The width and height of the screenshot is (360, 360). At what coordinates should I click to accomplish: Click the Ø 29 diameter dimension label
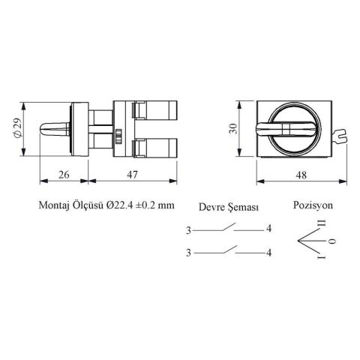tap(18, 127)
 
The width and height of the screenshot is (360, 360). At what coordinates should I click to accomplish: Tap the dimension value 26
tap(64, 175)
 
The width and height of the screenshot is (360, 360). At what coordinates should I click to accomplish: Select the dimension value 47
tap(132, 175)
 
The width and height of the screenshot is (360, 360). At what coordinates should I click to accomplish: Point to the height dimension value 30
tap(234, 129)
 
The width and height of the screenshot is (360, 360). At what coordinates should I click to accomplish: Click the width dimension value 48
tap(301, 175)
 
